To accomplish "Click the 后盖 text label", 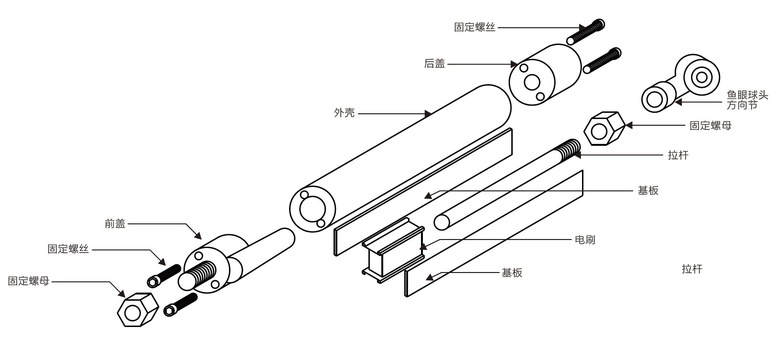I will point(434,64).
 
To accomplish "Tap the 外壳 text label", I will point(344,113).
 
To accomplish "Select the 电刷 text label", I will point(585,240).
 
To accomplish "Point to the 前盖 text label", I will point(115,223).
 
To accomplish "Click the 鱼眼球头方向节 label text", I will point(747,100).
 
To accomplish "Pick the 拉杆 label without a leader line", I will point(692,269).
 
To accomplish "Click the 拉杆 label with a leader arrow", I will point(678,155).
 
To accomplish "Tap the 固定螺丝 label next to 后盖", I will point(474,27).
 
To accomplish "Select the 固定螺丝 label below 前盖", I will point(68,249).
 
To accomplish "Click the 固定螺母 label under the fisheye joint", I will point(710,125).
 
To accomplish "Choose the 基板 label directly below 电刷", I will point(512,273).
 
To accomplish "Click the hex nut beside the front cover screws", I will point(137,310).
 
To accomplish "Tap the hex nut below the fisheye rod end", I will point(604,128).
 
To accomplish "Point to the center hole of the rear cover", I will point(532,82).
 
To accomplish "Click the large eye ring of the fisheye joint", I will point(701,76).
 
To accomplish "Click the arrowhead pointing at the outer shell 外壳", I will point(428,114).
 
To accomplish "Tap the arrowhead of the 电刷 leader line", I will point(422,247).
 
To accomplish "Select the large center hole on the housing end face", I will point(312,209).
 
